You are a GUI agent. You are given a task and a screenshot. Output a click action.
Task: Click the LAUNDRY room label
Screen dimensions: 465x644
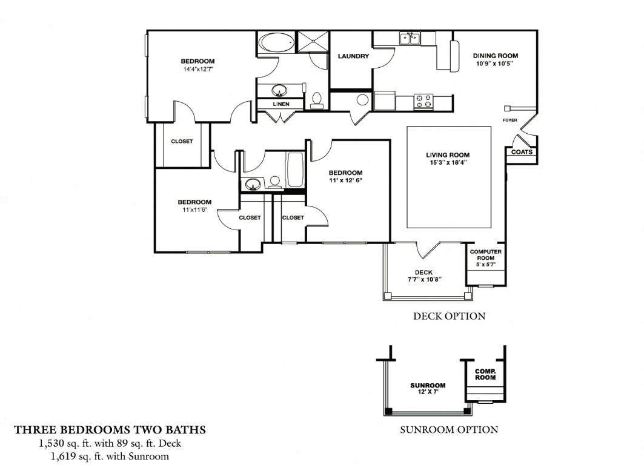(x=353, y=56)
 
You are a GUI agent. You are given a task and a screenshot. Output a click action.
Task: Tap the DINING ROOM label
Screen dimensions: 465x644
(x=495, y=56)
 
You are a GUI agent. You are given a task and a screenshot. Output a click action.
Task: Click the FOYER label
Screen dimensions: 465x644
(x=510, y=120)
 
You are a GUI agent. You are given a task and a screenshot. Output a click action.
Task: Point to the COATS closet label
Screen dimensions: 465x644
(x=522, y=152)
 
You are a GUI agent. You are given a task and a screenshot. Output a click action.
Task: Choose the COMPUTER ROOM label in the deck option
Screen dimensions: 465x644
(x=485, y=254)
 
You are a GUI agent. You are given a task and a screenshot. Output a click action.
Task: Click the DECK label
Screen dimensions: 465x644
(x=423, y=272)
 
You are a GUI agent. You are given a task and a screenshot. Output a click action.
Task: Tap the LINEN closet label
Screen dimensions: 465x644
(x=281, y=104)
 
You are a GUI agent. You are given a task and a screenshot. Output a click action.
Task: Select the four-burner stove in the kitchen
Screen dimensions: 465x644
(x=423, y=101)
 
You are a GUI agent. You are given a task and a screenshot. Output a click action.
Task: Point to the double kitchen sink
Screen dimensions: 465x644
(x=410, y=39)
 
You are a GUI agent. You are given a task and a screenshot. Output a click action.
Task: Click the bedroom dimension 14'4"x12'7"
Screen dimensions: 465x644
(x=198, y=69)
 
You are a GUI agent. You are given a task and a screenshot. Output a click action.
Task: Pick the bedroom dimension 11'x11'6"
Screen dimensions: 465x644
(x=194, y=209)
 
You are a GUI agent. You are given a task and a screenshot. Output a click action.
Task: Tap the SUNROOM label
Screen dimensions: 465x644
(x=428, y=385)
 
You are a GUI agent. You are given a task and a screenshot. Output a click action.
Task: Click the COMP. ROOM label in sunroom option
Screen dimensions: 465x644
(x=485, y=374)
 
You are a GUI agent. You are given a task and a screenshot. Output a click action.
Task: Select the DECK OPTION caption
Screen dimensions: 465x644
(x=449, y=316)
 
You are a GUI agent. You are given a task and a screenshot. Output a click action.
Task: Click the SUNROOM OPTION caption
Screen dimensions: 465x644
(x=449, y=430)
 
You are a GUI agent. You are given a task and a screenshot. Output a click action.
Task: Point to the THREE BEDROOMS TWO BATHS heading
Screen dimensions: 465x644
(x=110, y=430)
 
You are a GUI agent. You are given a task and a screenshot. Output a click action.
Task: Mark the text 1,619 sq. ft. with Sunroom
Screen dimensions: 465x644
(x=110, y=456)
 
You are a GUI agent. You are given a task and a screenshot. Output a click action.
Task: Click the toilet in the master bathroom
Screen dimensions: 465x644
(x=317, y=100)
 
